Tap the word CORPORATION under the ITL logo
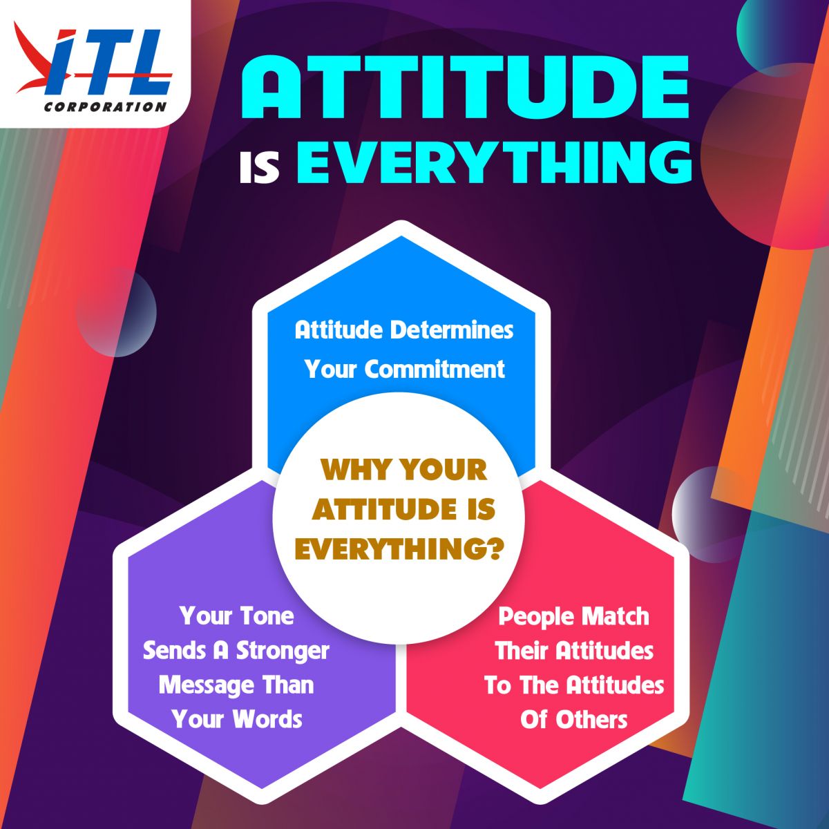pos(105,106)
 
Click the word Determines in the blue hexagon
pos(452,331)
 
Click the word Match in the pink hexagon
pos(616,616)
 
